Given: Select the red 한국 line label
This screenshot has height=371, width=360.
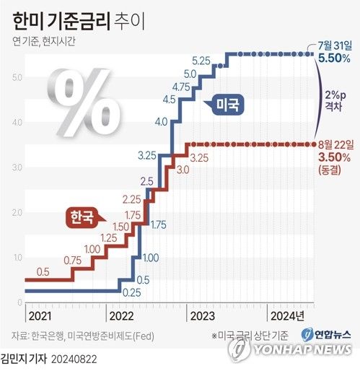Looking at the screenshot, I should (x=84, y=217).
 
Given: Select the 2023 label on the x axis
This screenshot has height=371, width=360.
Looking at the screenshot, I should (x=202, y=315).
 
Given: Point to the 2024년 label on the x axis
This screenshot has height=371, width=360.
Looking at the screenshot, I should (x=286, y=315).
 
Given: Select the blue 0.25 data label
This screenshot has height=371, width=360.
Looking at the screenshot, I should (x=131, y=292).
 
